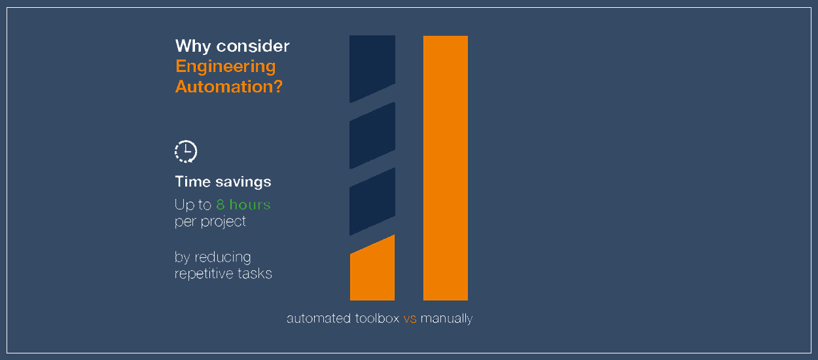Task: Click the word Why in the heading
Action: tap(193, 46)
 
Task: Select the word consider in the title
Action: tap(253, 46)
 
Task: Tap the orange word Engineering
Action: tap(226, 67)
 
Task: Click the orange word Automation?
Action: tap(229, 86)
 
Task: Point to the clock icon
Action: tap(186, 151)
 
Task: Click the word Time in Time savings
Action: tap(190, 181)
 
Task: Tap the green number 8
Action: tap(220, 205)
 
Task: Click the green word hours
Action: tap(250, 204)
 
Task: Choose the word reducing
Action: tap(222, 258)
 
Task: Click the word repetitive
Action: tap(204, 274)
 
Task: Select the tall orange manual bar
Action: tap(446, 168)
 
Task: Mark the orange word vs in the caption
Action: tap(410, 319)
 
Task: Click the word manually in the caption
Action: tap(446, 319)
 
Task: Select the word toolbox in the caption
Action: tap(377, 318)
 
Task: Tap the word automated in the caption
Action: tap(319, 318)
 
